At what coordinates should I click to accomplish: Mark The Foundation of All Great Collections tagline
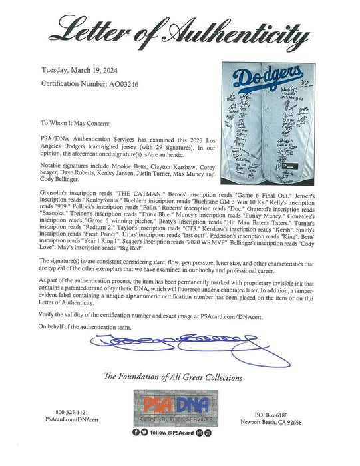pos(180,377)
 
